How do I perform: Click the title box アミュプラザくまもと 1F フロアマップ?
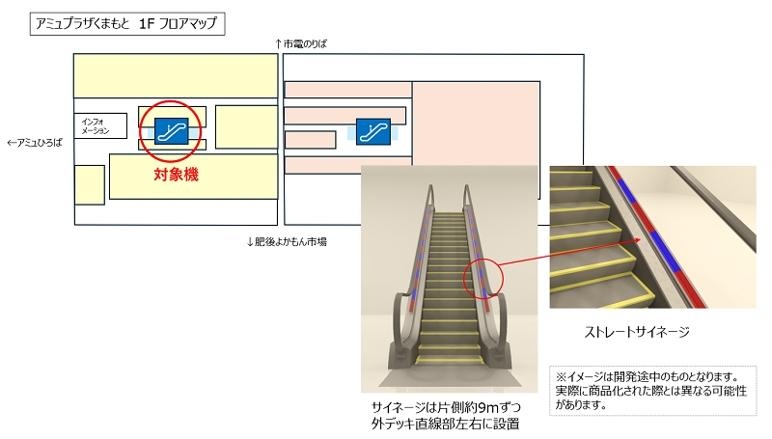(127, 23)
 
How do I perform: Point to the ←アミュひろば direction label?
(34, 142)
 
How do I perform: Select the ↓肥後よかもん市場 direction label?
(287, 241)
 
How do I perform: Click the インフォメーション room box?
(101, 126)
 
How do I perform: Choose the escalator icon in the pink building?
(372, 130)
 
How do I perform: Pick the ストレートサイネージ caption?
(638, 333)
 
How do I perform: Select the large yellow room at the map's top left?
(175, 75)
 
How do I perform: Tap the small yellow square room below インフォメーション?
(90, 184)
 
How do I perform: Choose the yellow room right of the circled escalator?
(245, 126)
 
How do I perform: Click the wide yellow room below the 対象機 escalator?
(193, 178)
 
